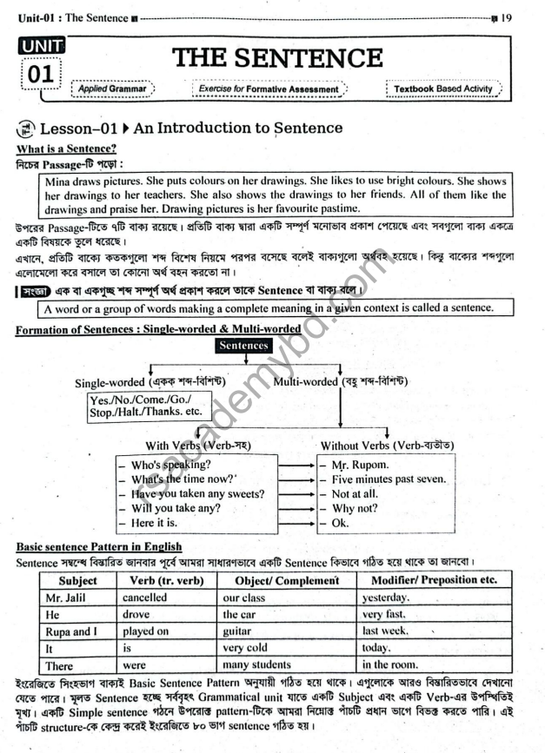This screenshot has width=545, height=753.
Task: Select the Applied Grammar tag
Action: coord(110,89)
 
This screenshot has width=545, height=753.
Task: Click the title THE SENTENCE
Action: coord(278,58)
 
